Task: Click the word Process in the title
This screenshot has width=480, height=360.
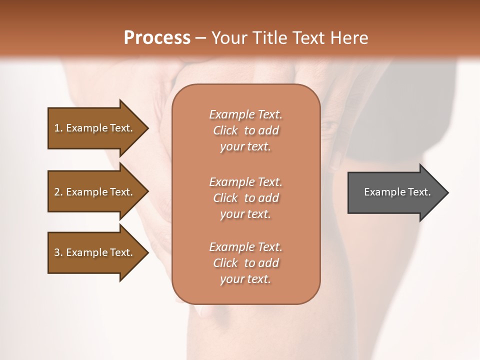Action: coord(157,38)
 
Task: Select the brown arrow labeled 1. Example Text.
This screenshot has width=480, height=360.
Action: coord(95,128)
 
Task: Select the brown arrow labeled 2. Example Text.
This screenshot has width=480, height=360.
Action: coord(95,192)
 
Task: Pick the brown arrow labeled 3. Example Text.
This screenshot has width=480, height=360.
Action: coord(95,252)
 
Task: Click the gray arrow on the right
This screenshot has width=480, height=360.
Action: coord(395,192)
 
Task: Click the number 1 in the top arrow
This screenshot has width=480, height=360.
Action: coord(57,128)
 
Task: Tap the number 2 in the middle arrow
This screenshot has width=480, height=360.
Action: coord(57,192)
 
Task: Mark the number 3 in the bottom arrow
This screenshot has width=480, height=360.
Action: coord(57,252)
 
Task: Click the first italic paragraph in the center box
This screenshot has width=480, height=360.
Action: coord(245,130)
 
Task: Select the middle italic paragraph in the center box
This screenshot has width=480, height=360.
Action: coord(245,198)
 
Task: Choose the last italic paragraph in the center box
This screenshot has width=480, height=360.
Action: coord(245,263)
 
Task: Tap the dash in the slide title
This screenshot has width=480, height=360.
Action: coord(201,38)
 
